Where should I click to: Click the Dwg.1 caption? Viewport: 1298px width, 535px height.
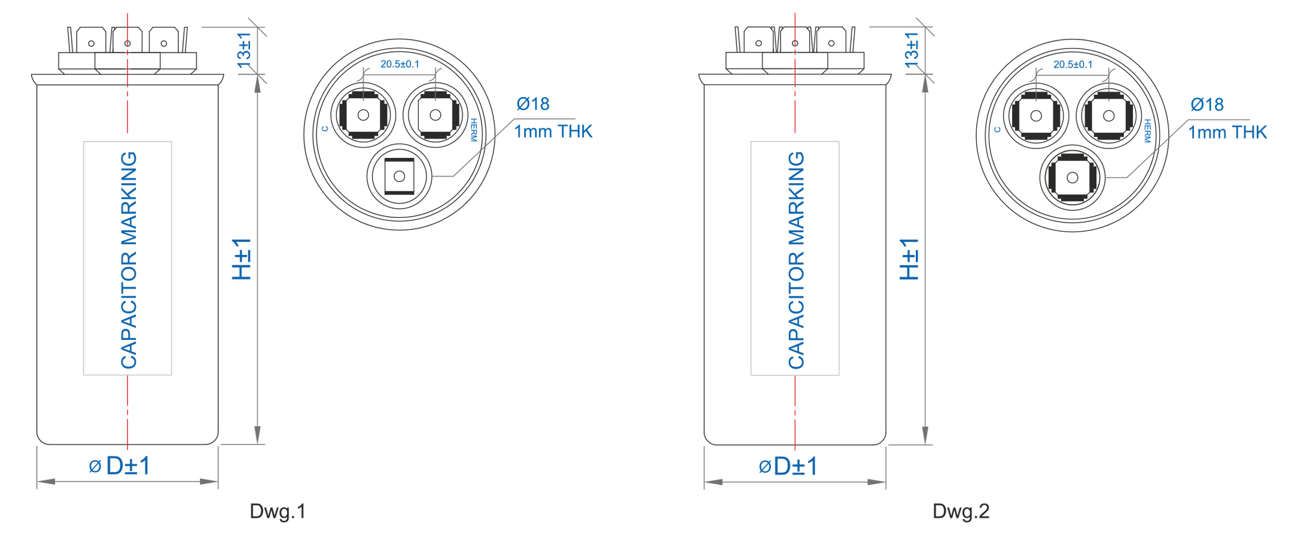pyautogui.click(x=278, y=512)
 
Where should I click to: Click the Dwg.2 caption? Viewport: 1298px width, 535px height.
pyautogui.click(x=961, y=512)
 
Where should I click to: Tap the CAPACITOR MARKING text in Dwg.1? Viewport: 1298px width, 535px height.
pyautogui.click(x=129, y=260)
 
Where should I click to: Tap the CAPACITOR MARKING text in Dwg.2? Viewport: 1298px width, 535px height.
pyautogui.click(x=796, y=260)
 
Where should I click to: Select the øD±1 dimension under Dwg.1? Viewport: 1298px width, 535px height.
pyautogui.click(x=120, y=466)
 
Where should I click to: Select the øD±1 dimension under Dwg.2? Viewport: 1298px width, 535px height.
pyautogui.click(x=788, y=466)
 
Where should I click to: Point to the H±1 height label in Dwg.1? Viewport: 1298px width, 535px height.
pyautogui.click(x=242, y=259)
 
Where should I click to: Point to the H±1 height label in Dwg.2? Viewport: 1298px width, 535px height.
pyautogui.click(x=909, y=259)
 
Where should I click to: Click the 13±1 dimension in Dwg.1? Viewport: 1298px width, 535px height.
pyautogui.click(x=244, y=50)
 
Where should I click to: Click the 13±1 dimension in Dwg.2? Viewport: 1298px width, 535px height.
pyautogui.click(x=912, y=50)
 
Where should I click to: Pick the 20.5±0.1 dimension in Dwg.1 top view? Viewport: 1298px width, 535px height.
pyautogui.click(x=400, y=64)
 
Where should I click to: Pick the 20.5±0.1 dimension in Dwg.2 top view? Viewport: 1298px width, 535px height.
pyautogui.click(x=1072, y=65)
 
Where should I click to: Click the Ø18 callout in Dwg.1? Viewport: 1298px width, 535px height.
pyautogui.click(x=533, y=104)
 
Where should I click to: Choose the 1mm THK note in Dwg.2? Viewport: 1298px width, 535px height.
pyautogui.click(x=1227, y=132)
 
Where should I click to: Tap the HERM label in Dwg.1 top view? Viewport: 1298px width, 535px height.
pyautogui.click(x=474, y=130)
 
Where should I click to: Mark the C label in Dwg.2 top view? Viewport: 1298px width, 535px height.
pyautogui.click(x=997, y=129)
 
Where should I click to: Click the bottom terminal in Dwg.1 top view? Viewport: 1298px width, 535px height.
pyautogui.click(x=399, y=177)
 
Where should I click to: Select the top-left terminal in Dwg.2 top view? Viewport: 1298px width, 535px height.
pyautogui.click(x=1036, y=115)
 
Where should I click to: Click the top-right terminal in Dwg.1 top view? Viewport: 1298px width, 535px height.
pyautogui.click(x=435, y=115)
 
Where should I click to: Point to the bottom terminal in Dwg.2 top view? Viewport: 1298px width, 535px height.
pyautogui.click(x=1072, y=178)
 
